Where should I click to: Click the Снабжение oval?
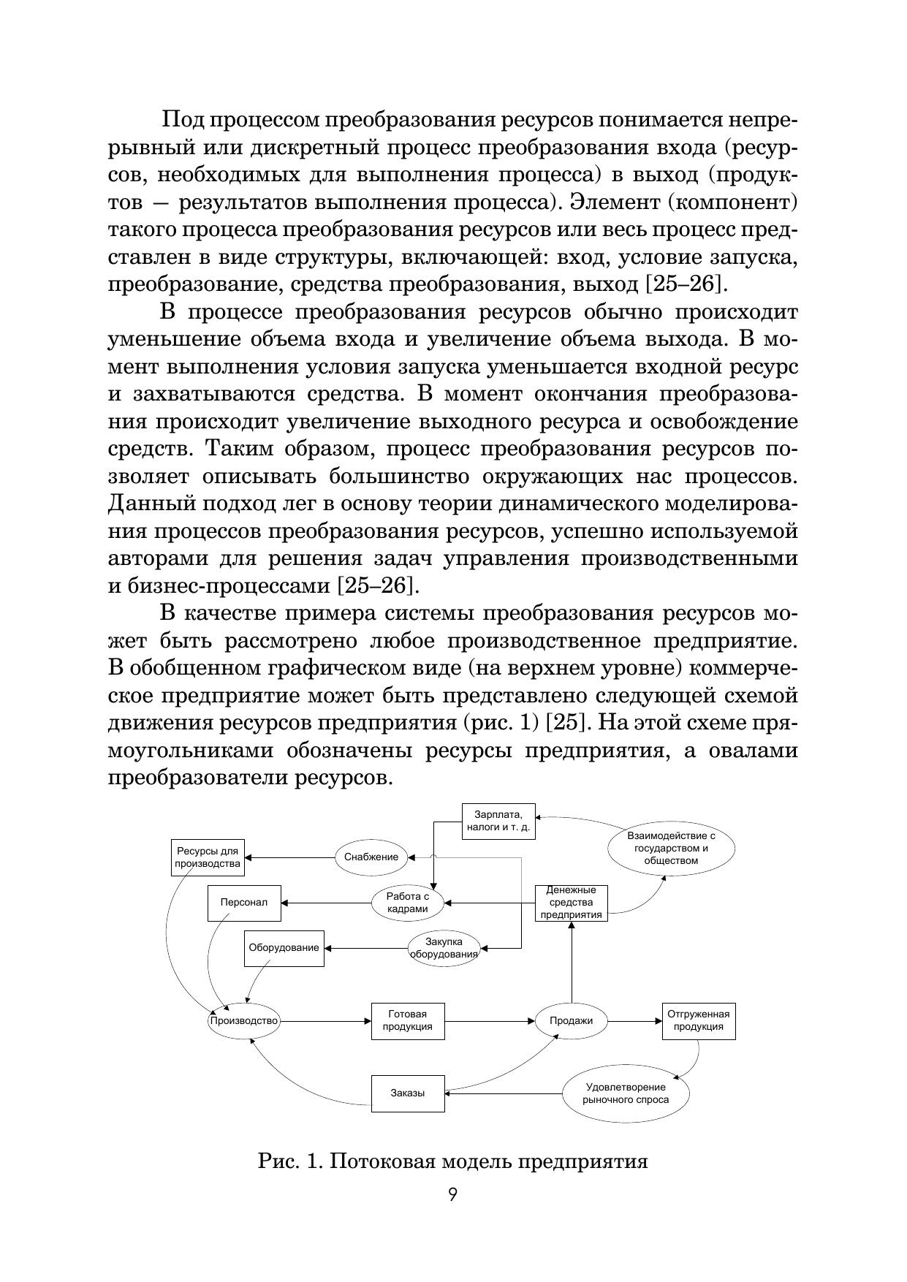371,857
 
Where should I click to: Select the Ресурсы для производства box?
208,857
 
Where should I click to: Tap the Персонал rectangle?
244,903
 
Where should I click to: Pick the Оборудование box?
284,948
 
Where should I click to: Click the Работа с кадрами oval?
407,903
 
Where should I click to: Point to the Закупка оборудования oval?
444,948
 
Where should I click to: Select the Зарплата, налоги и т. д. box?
498,822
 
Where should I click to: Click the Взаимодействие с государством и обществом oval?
671,849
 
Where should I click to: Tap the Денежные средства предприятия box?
572,903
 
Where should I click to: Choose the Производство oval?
244,1021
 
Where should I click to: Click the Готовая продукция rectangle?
407,1021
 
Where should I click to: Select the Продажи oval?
571,1021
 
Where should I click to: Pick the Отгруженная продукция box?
699,1021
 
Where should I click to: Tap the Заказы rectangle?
407,1093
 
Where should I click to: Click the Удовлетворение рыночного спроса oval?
626,1093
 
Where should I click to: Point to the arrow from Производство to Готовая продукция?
325,1021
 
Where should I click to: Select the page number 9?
453,1196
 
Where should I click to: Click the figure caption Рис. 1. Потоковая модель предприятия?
453,1161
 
